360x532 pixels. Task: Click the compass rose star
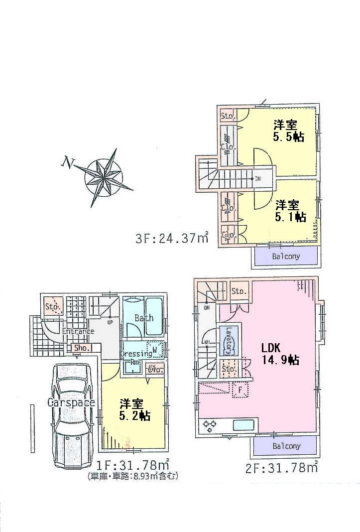pyautogui.click(x=104, y=176)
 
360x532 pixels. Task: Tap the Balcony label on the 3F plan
pyautogui.click(x=286, y=257)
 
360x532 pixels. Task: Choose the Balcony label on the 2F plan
pyautogui.click(x=286, y=446)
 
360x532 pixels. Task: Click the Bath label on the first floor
pyautogui.click(x=144, y=318)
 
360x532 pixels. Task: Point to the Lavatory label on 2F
pyautogui.click(x=229, y=340)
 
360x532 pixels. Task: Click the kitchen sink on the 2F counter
pyautogui.click(x=243, y=425)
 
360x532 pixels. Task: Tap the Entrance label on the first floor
pyautogui.click(x=79, y=331)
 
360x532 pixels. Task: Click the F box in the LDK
pyautogui.click(x=240, y=391)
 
